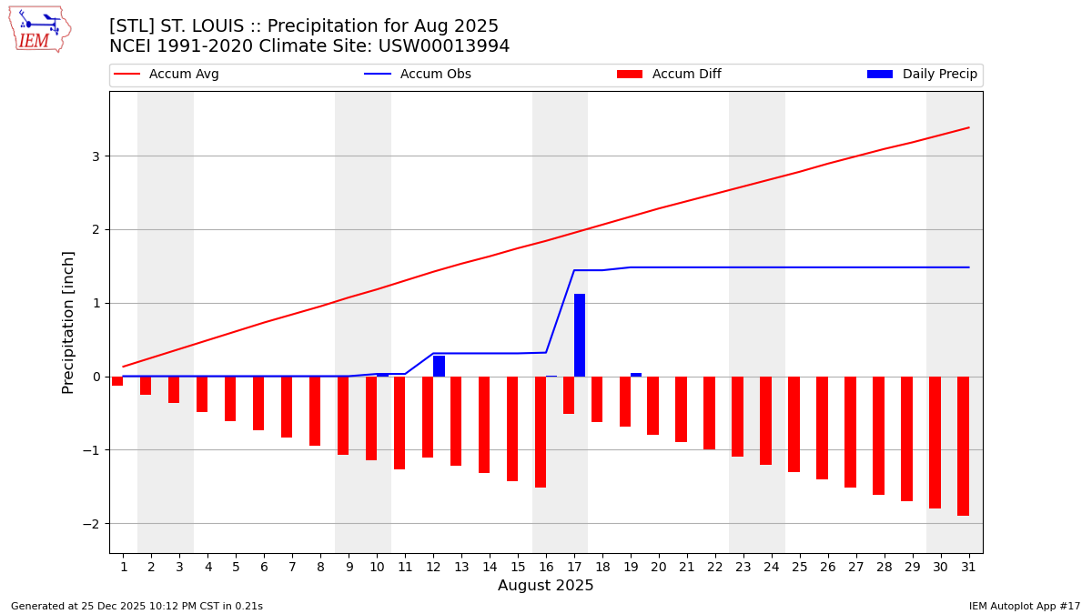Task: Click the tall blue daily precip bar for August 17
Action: pyautogui.click(x=580, y=335)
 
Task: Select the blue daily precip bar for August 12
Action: pyautogui.click(x=439, y=366)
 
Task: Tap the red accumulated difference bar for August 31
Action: pyautogui.click(x=963, y=446)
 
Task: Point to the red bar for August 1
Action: pyautogui.click(x=117, y=381)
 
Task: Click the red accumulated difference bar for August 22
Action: pyautogui.click(x=709, y=413)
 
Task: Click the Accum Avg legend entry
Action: pyautogui.click(x=167, y=75)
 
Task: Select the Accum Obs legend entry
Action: pyautogui.click(x=418, y=75)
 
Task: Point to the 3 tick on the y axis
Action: pyautogui.click(x=96, y=156)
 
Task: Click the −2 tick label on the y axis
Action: pyautogui.click(x=93, y=524)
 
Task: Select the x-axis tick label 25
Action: pyautogui.click(x=800, y=567)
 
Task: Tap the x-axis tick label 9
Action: pyautogui.click(x=349, y=567)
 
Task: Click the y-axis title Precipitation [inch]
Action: pyautogui.click(x=68, y=322)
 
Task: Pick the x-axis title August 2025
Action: pyautogui.click(x=545, y=586)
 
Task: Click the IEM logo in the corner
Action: pyautogui.click(x=39, y=28)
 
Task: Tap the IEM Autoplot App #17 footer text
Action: pyautogui.click(x=1025, y=606)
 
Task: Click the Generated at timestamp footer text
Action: pyautogui.click(x=136, y=606)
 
